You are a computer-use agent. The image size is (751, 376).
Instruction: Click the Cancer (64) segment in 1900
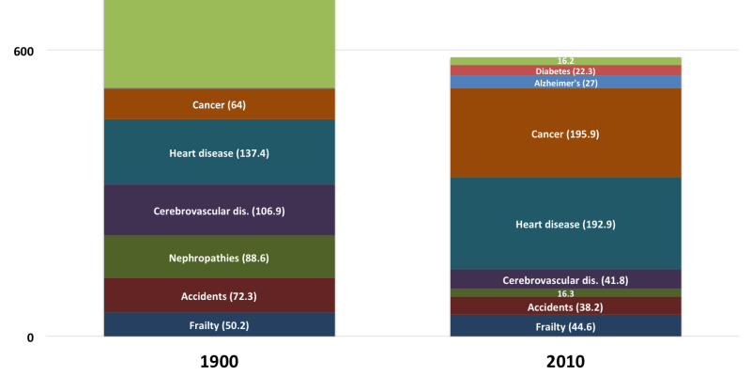click(220, 104)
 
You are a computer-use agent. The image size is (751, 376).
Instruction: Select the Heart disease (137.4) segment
click(220, 152)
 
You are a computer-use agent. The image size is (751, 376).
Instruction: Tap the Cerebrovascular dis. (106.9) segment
click(220, 210)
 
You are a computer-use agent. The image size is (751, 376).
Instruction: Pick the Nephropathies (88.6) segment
click(220, 257)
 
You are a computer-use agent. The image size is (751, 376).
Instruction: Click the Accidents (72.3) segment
click(220, 295)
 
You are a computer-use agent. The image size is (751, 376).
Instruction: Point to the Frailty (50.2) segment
click(220, 324)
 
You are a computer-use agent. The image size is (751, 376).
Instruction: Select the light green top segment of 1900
click(220, 44)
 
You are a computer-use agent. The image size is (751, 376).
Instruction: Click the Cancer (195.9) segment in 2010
click(566, 133)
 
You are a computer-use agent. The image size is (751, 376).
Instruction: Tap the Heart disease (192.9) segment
click(566, 224)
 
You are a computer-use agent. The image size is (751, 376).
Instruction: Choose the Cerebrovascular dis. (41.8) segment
click(566, 279)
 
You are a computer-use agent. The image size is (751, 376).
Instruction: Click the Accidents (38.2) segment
click(566, 306)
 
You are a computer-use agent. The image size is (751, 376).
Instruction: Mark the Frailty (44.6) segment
click(566, 325)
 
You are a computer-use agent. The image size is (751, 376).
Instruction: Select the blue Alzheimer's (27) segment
click(566, 82)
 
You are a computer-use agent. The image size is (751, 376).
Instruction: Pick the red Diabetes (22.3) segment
click(566, 70)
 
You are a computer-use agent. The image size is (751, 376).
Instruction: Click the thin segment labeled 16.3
click(566, 293)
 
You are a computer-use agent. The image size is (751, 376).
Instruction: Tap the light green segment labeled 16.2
click(566, 61)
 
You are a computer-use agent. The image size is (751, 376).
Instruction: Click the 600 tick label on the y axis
click(23, 51)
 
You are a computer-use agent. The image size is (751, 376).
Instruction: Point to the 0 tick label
click(30, 337)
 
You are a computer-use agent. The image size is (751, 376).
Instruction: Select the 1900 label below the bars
click(219, 362)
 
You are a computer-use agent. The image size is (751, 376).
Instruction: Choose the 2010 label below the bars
click(566, 362)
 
